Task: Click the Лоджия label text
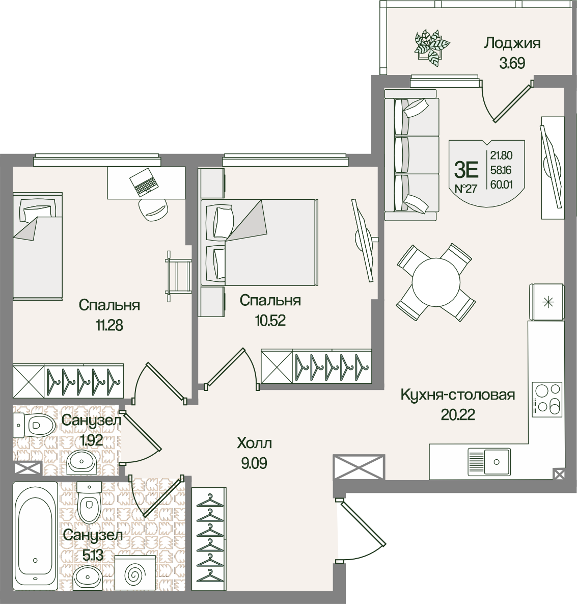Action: pyautogui.click(x=512, y=43)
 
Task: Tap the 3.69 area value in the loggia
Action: pyautogui.click(x=512, y=63)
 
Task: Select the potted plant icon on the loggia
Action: pyautogui.click(x=432, y=47)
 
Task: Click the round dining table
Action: pyautogui.click(x=436, y=281)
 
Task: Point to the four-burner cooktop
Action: pyautogui.click(x=546, y=399)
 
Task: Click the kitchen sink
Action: pyautogui.click(x=489, y=461)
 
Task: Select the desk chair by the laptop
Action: pyautogui.click(x=153, y=209)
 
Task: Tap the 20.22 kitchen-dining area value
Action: pyautogui.click(x=458, y=414)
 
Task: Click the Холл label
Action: pyautogui.click(x=255, y=443)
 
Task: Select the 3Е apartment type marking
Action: pyautogui.click(x=466, y=170)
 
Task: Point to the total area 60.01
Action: pyautogui.click(x=502, y=185)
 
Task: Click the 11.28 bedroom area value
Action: pyautogui.click(x=109, y=326)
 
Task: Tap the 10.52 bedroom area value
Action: pyautogui.click(x=270, y=321)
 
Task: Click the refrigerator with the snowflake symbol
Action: pyautogui.click(x=546, y=302)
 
